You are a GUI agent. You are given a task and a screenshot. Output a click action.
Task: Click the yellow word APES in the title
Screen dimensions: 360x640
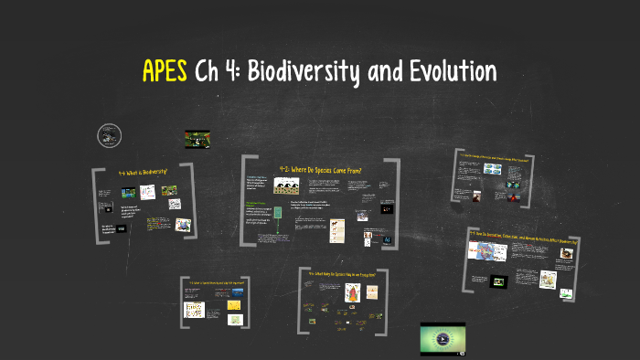pyautogui.click(x=166, y=70)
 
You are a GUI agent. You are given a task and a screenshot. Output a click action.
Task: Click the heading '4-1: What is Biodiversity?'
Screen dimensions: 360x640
pyautogui.click(x=144, y=172)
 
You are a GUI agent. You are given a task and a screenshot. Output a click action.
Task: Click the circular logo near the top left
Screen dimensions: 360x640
pyautogui.click(x=110, y=136)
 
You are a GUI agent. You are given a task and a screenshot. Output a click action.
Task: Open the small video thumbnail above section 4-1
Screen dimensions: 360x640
pyautogui.click(x=197, y=139)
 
